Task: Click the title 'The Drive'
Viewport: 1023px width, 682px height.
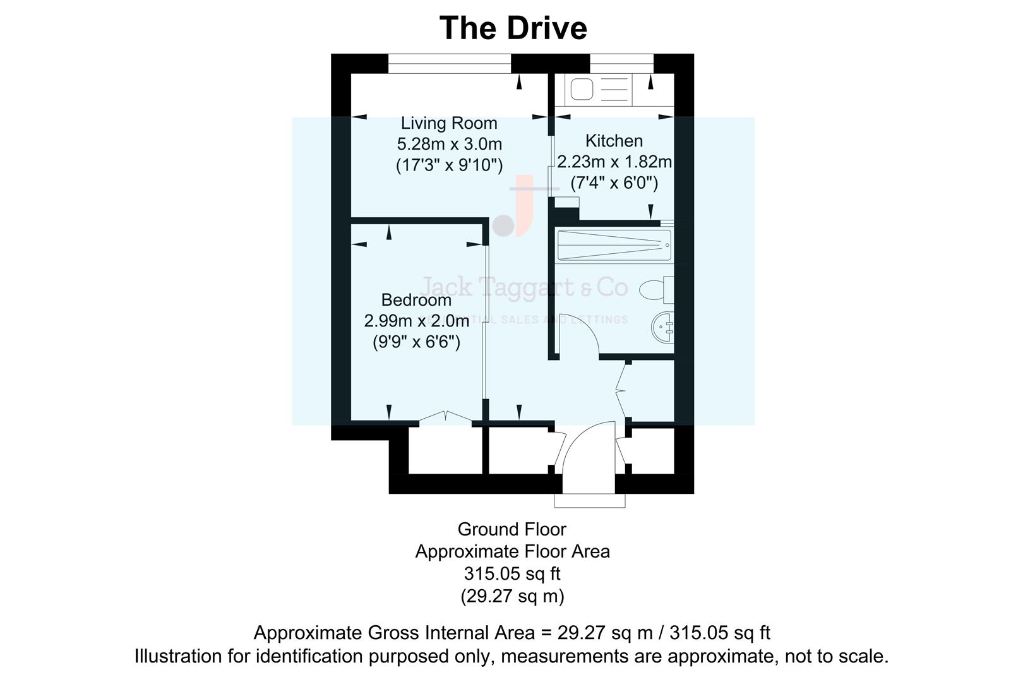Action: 513,28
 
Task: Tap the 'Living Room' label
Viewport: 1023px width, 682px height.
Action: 449,123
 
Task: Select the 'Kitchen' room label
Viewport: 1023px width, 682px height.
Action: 614,141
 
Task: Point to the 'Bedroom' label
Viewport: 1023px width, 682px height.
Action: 416,300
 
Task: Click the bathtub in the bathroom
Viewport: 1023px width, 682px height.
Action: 613,246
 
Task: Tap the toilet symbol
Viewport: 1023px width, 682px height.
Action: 655,290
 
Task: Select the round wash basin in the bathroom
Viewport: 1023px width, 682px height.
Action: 662,327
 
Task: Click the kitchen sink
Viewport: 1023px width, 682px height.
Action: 582,89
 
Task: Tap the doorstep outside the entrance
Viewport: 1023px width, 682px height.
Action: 589,500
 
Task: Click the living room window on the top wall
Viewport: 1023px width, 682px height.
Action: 449,63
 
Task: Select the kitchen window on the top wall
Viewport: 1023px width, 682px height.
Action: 621,63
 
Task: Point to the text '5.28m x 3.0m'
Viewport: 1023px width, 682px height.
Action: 449,144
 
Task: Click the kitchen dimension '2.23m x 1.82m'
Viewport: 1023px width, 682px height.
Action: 614,162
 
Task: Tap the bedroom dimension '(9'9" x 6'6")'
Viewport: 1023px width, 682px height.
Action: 416,342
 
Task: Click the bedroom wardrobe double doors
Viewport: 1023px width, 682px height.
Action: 446,416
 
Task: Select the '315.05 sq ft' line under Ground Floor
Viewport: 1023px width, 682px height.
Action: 512,574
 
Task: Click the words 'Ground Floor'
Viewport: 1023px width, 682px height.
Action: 512,529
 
